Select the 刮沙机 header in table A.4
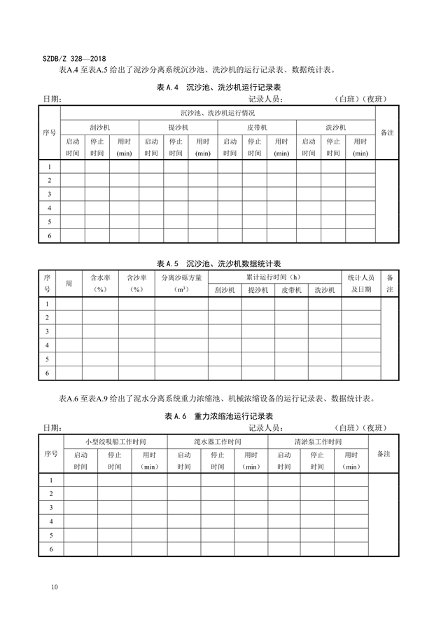(x=99, y=128)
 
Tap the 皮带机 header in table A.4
(x=257, y=128)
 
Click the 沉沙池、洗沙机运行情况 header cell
(x=218, y=113)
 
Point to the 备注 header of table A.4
(x=386, y=132)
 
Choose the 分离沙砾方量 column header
(x=181, y=283)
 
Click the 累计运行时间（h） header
(x=275, y=277)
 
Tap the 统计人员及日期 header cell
(x=361, y=283)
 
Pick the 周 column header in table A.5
(x=69, y=283)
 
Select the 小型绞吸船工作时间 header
(x=115, y=442)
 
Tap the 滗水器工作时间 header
(x=218, y=442)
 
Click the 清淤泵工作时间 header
(x=318, y=442)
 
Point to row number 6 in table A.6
(x=50, y=549)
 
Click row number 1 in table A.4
(x=49, y=167)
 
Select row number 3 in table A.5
(x=47, y=331)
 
